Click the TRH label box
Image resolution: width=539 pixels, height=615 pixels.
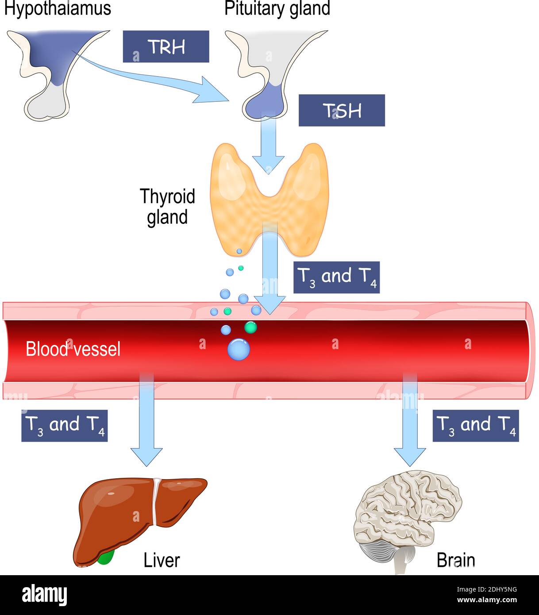tap(166, 46)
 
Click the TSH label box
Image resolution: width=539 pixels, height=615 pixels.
tap(342, 110)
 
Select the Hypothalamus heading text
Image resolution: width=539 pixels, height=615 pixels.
tap(57, 8)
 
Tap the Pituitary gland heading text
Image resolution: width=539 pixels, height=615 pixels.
tap(277, 8)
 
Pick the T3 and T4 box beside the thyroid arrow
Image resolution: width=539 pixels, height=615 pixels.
tap(336, 277)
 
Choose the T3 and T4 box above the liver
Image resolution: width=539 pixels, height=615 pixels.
tap(65, 426)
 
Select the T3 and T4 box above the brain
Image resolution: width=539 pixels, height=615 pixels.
tap(475, 426)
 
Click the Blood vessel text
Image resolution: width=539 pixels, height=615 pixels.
tap(73, 349)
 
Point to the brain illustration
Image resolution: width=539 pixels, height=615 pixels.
tap(407, 509)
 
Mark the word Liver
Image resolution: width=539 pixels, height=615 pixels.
tap(162, 560)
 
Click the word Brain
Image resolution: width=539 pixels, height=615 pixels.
tap(455, 560)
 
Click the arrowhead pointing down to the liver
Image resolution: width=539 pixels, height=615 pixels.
tap(146, 456)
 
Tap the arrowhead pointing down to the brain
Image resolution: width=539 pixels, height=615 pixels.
tap(410, 456)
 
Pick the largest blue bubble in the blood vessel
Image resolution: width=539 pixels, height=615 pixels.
tap(239, 349)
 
